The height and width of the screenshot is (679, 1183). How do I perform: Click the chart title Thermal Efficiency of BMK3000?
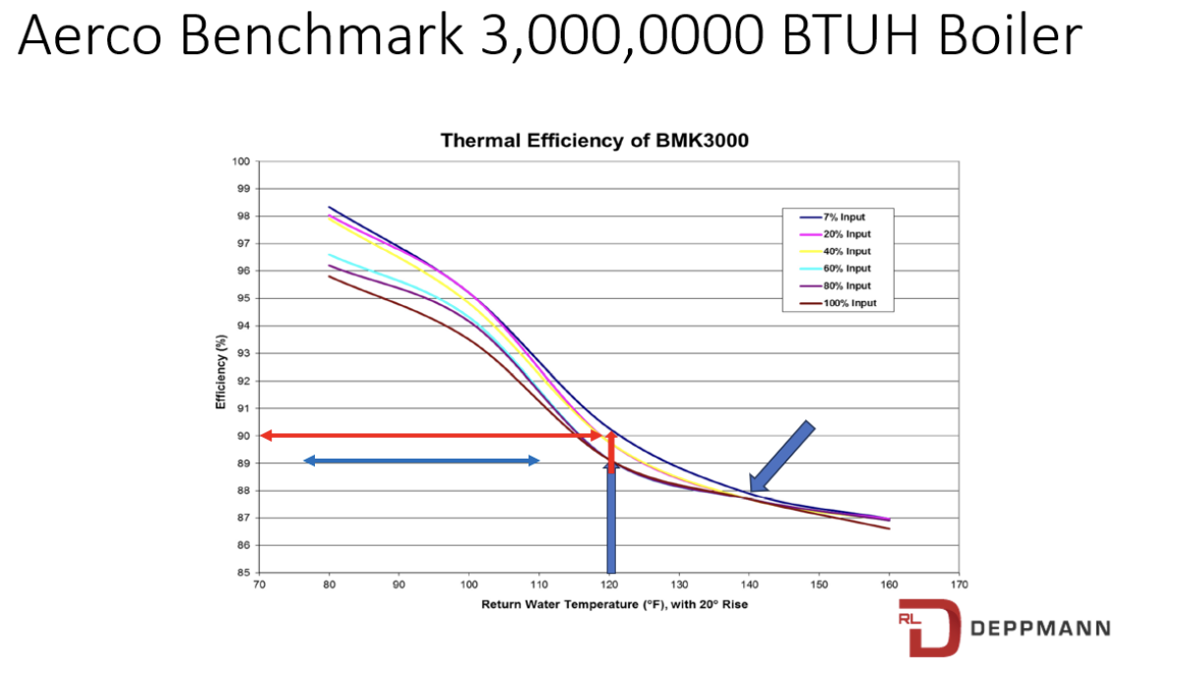click(x=594, y=140)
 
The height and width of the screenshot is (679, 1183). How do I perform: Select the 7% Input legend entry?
click(x=844, y=216)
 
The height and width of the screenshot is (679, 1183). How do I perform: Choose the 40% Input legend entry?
click(x=846, y=251)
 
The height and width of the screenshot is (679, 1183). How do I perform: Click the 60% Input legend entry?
click(x=846, y=269)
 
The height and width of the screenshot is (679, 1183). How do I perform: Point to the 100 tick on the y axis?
click(x=241, y=161)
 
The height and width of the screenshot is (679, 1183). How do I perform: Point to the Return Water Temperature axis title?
click(x=614, y=604)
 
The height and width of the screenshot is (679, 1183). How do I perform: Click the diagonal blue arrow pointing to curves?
click(x=782, y=456)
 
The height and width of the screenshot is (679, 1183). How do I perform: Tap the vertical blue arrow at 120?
click(x=611, y=522)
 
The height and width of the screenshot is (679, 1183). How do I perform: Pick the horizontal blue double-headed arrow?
click(x=421, y=461)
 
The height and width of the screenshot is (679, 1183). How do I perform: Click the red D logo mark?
click(x=926, y=631)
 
